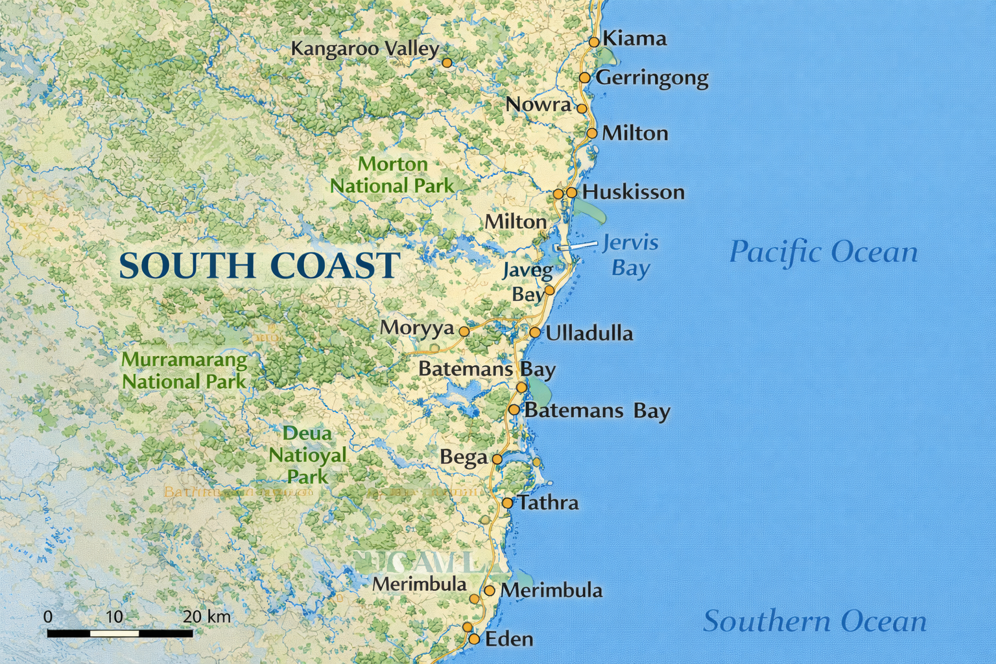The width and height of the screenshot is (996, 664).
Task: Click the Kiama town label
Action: coord(634,39)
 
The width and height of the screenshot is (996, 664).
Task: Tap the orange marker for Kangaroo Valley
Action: coord(447,63)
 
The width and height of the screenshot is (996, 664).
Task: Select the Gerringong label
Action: coord(652,78)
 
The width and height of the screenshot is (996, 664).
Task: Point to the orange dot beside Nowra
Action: coord(582,108)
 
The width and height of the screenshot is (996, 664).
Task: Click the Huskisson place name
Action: coord(633,192)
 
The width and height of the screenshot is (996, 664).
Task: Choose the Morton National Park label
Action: coord(392,175)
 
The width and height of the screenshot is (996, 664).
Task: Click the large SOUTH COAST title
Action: coord(259,266)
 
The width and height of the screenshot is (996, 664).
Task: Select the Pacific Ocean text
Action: coord(824,252)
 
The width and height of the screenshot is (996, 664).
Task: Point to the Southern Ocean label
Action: coord(815,621)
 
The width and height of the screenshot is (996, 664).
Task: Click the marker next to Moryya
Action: coord(464,331)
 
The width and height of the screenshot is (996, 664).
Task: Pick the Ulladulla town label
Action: coord(589,333)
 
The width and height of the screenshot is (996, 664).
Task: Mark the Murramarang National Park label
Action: coord(185,370)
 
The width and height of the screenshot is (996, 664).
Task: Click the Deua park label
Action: coord(307,455)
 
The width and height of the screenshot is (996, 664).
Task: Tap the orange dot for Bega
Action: coord(497,458)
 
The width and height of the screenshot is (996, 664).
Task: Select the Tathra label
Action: coord(548,503)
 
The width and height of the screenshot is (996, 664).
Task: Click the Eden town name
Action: coord(509,639)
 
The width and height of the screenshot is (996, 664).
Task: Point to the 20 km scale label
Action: coord(206,616)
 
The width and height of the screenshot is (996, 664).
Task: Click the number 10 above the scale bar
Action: coord(115,616)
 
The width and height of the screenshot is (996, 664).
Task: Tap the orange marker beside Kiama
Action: coord(594,42)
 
